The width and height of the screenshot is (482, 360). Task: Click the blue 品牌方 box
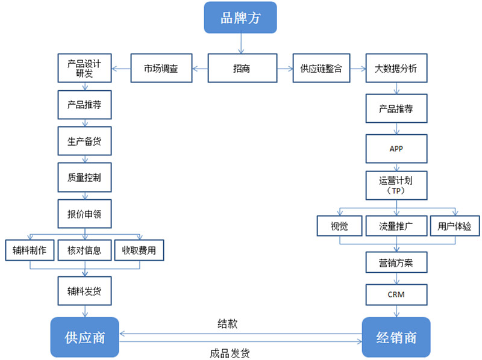pos(240,18)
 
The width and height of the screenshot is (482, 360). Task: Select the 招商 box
pos(242,69)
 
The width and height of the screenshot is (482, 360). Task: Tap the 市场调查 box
pos(161,69)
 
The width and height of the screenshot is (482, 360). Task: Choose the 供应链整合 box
pos(321,69)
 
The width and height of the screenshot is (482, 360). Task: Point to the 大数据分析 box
pos(396,69)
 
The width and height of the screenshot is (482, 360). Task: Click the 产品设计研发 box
pos(84,69)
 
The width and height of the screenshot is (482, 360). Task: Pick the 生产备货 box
pos(84,142)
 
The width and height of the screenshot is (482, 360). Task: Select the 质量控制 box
pos(84,179)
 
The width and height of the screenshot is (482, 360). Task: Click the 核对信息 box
pos(84,250)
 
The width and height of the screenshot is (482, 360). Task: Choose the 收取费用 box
pos(139,250)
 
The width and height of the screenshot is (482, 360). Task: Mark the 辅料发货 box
pos(84,291)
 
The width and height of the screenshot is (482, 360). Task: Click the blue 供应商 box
pos(84,337)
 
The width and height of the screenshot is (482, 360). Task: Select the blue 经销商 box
pos(396,337)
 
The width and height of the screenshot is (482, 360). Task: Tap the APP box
pos(396,149)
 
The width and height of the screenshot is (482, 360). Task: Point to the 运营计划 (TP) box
pos(396,185)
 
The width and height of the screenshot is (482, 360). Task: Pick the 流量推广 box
pos(396,226)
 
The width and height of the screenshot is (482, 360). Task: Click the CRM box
pos(396,294)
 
